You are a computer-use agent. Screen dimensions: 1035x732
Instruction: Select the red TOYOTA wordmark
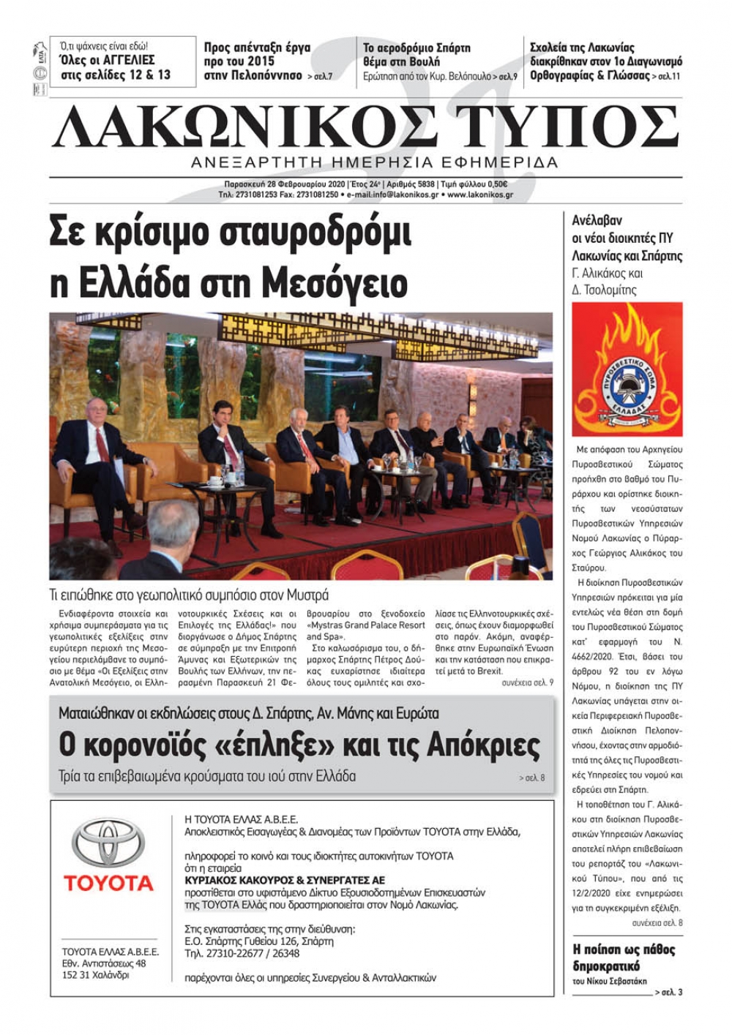point(108,883)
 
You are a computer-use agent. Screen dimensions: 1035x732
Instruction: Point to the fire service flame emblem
point(627,369)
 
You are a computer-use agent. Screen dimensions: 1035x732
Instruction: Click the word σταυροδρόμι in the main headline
point(304,233)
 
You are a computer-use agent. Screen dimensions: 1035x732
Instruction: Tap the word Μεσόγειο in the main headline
point(334,283)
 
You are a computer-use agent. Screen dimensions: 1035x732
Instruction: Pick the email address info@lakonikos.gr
point(406,195)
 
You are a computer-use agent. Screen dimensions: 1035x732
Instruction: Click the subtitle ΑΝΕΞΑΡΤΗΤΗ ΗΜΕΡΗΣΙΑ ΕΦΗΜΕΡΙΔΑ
point(374,162)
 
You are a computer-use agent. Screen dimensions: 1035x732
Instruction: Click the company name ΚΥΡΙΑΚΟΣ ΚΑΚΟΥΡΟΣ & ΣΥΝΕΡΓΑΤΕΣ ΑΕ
point(285,880)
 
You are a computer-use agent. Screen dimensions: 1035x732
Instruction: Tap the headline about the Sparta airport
point(417,55)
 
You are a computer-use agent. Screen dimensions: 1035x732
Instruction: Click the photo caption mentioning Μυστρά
point(189,595)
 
